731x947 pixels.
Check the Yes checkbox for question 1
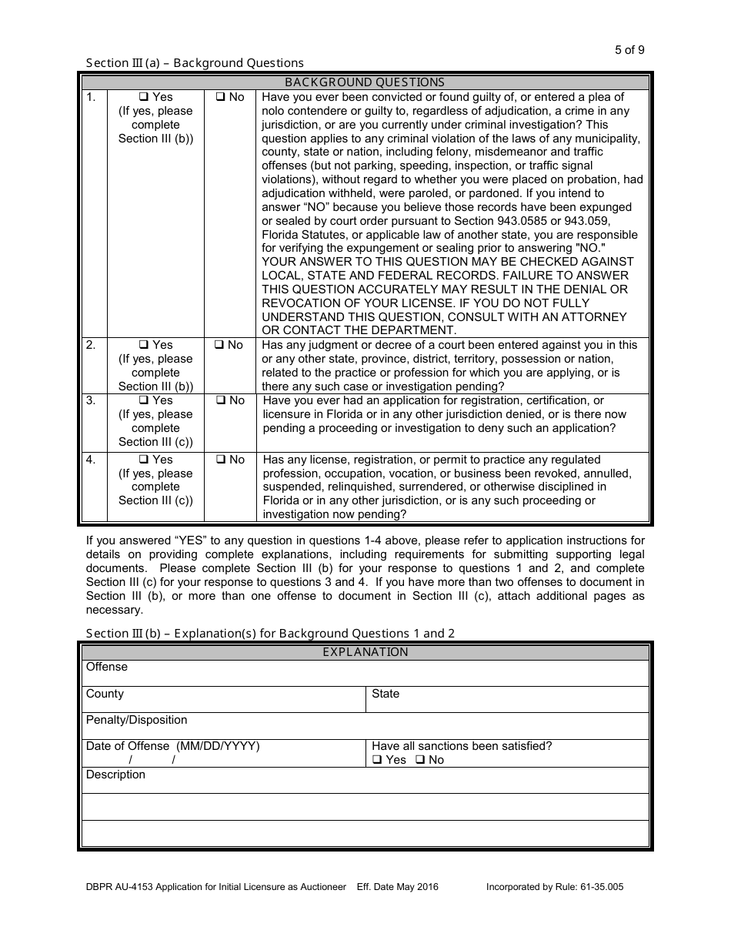[143, 98]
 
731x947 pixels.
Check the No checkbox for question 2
[220, 346]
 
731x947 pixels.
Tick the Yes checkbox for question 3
[143, 401]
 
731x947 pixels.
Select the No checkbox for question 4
[220, 460]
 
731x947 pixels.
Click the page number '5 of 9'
[629, 50]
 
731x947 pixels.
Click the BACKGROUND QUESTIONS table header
[365, 82]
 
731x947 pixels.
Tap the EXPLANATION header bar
[365, 652]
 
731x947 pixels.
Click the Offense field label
[107, 667]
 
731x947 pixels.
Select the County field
[223, 700]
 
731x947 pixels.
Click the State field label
[386, 694]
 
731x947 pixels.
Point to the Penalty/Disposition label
[136, 720]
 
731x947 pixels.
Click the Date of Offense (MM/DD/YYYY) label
[172, 746]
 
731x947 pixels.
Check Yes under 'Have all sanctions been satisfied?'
[377, 761]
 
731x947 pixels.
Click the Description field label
[115, 775]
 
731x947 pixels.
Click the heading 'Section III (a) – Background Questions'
[195, 63]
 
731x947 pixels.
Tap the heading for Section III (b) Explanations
[270, 634]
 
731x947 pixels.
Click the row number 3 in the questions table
[91, 400]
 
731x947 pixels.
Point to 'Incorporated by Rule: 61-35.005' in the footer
[555, 887]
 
